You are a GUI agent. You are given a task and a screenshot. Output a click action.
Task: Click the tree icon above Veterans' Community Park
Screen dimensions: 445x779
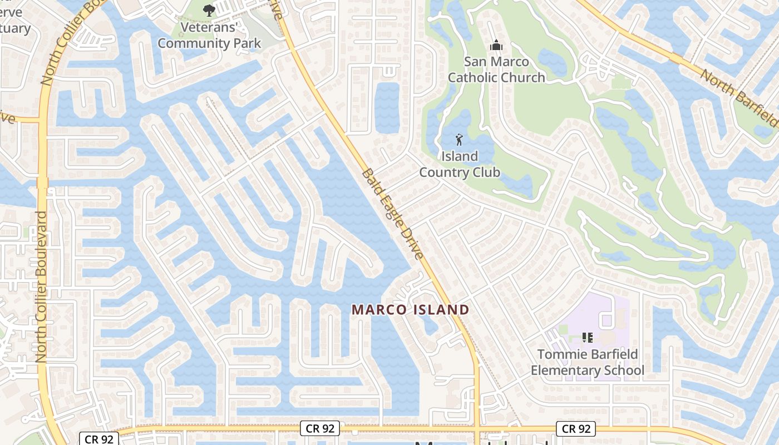coord(209,9)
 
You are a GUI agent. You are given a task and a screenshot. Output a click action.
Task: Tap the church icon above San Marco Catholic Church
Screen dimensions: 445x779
coord(496,45)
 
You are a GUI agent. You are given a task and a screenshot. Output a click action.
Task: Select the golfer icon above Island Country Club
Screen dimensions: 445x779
coord(459,139)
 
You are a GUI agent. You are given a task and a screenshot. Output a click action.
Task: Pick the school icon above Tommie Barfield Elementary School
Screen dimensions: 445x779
coord(587,337)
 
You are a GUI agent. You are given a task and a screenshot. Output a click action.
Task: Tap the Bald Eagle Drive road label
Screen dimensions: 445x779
coord(393,214)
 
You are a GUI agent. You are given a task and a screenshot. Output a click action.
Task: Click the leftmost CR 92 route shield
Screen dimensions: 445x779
coord(100,439)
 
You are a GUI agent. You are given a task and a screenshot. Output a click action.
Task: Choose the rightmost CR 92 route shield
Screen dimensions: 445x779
coord(576,428)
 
